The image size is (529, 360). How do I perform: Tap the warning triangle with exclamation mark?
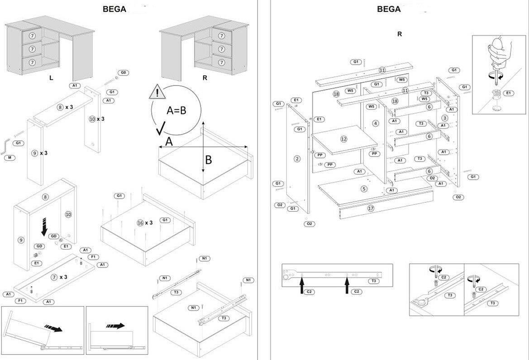157,92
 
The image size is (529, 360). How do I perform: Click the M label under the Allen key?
9,158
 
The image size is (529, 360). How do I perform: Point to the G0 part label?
124,72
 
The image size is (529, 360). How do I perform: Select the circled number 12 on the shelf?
344,139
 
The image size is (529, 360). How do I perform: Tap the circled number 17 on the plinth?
371,208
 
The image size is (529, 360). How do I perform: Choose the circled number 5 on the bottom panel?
364,188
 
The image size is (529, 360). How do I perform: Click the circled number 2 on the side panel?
297,158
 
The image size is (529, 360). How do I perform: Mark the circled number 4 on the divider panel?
375,123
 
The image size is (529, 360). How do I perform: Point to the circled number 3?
445,118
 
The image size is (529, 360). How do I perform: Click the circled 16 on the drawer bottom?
140,223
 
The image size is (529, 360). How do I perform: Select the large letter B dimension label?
209,159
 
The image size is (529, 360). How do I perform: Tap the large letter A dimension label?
168,142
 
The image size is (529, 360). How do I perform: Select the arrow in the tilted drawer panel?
53,328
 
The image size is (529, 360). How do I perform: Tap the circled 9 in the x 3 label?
34,153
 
